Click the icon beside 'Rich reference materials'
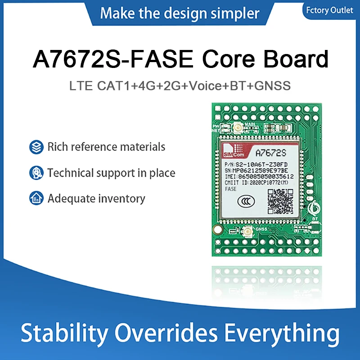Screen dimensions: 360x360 [36, 147]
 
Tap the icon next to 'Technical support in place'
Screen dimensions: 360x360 [36, 173]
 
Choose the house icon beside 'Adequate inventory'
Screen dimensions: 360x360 [36, 198]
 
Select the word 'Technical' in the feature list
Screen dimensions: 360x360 [69, 173]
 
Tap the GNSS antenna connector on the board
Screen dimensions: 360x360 [247, 233]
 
